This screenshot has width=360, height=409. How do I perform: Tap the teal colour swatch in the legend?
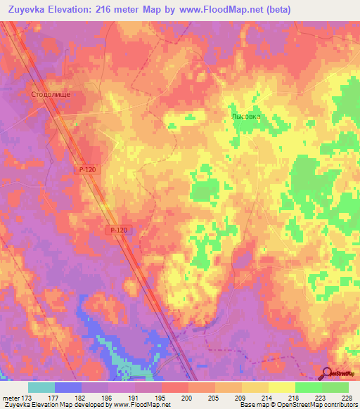[41, 387]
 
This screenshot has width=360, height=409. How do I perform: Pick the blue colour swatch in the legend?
[68, 387]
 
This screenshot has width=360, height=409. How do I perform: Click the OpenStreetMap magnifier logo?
[327, 373]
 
